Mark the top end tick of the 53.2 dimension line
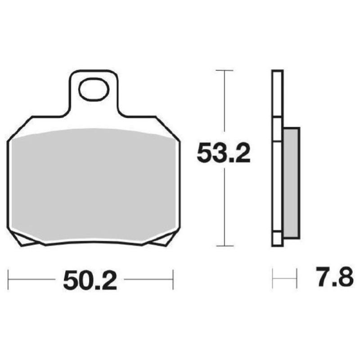[x=224, y=71]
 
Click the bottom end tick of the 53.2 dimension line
[x=224, y=246]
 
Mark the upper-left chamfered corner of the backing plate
[x=20, y=128]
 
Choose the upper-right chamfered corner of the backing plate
[x=168, y=128]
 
